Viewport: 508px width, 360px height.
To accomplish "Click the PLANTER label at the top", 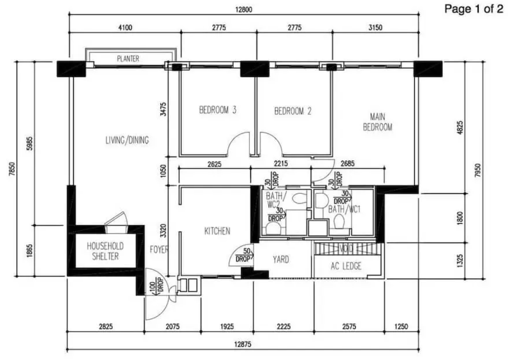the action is pyautogui.click(x=128, y=59).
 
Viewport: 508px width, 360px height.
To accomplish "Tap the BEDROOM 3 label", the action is pyautogui.click(x=218, y=110).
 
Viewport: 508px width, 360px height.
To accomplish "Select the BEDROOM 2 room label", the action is pyautogui.click(x=293, y=111).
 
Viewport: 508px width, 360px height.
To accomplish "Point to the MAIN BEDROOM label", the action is pyautogui.click(x=378, y=122).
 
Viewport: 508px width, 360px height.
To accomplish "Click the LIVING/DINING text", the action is pyautogui.click(x=127, y=140).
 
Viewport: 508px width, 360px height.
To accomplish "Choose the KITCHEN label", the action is pyautogui.click(x=217, y=231).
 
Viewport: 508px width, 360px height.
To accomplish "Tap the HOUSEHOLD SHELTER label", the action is pyautogui.click(x=105, y=251).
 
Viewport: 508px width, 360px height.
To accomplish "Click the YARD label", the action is pyautogui.click(x=280, y=260).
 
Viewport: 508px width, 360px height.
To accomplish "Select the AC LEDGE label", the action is pyautogui.click(x=346, y=266).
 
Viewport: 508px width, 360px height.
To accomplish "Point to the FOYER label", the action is pyautogui.click(x=159, y=249).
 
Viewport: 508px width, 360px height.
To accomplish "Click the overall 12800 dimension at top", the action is pyautogui.click(x=244, y=10).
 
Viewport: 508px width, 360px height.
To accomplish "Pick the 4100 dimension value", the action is pyautogui.click(x=125, y=27).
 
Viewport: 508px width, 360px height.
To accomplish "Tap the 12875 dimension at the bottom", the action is pyautogui.click(x=243, y=345).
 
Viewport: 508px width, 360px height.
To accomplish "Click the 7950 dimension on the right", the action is pyautogui.click(x=478, y=170).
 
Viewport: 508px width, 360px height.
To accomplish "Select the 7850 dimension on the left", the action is pyautogui.click(x=12, y=169).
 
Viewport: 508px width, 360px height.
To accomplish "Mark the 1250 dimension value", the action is pyautogui.click(x=401, y=327).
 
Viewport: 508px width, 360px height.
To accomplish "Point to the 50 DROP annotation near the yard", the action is pyautogui.click(x=244, y=255).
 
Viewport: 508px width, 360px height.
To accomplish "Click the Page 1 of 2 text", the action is pyautogui.click(x=474, y=9).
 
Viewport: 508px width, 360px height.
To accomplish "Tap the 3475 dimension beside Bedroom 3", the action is pyautogui.click(x=163, y=109).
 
